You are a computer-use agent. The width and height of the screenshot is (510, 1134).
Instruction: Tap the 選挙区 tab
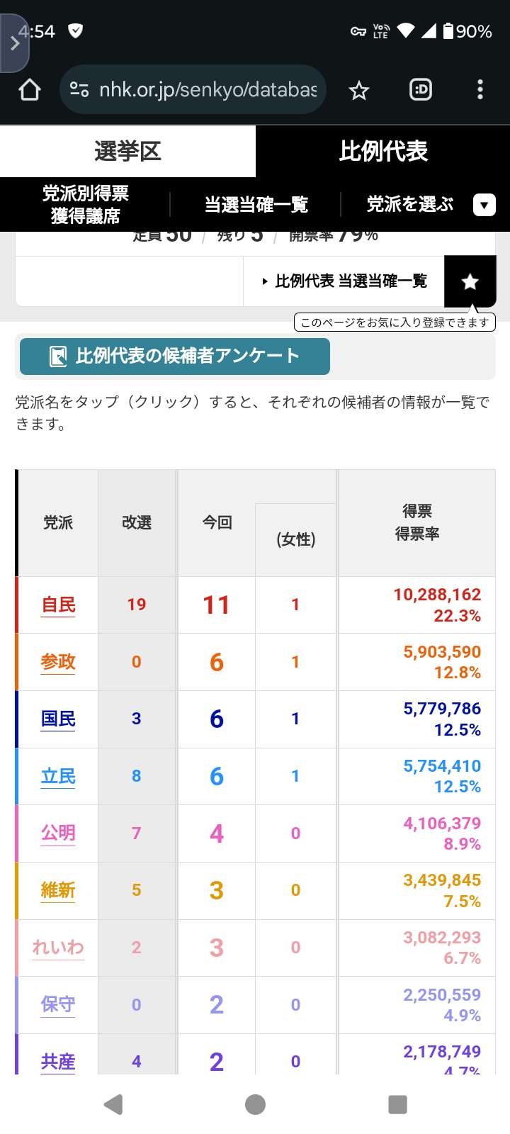(x=127, y=151)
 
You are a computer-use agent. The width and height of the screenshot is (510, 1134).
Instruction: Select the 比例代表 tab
(x=382, y=151)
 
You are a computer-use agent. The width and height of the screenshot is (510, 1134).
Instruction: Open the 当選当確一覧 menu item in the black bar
(x=256, y=205)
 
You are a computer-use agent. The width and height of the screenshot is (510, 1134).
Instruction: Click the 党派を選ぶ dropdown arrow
(x=484, y=205)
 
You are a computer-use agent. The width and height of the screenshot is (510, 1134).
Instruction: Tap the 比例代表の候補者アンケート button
(x=174, y=356)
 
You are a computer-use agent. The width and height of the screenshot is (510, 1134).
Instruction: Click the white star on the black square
(x=470, y=282)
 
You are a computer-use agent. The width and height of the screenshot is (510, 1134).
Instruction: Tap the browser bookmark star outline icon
(x=359, y=90)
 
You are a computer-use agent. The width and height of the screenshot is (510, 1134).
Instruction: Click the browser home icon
(x=30, y=90)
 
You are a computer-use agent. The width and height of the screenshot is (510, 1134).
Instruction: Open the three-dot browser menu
(x=480, y=89)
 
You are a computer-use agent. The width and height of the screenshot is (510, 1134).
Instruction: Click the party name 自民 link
(x=58, y=605)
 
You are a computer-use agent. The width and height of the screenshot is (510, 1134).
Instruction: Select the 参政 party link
(x=58, y=662)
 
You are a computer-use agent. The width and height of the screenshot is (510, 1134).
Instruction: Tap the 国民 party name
(x=58, y=719)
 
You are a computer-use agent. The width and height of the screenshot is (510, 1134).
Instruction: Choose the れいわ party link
(x=58, y=947)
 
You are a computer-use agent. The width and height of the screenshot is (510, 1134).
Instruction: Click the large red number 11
(x=216, y=605)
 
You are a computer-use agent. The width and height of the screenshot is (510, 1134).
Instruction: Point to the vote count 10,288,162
(x=437, y=595)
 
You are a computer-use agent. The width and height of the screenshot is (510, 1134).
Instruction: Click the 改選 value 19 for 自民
(x=137, y=605)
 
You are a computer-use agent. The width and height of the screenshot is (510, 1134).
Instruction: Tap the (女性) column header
(x=295, y=539)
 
